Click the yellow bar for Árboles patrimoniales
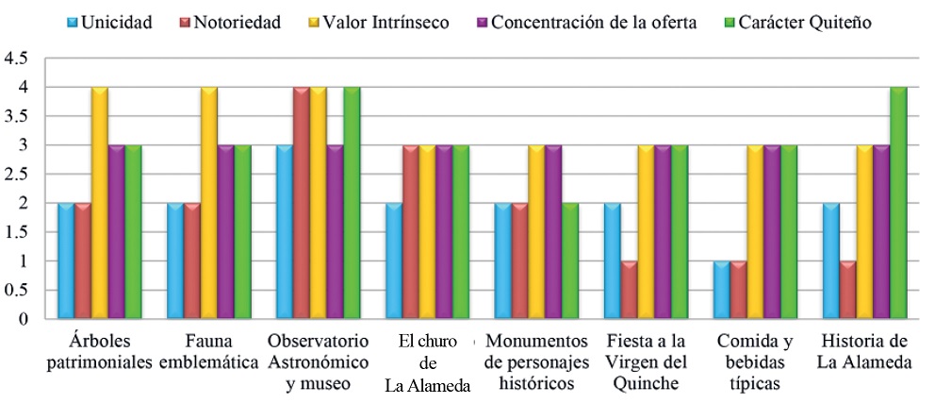click(x=99, y=203)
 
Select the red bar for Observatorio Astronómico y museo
click(x=302, y=203)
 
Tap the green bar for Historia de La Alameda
click(x=898, y=203)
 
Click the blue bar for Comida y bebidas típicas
click(x=722, y=290)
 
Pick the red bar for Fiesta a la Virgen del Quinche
click(x=630, y=290)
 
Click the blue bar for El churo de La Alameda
click(x=394, y=261)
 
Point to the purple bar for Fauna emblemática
click(x=225, y=232)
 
